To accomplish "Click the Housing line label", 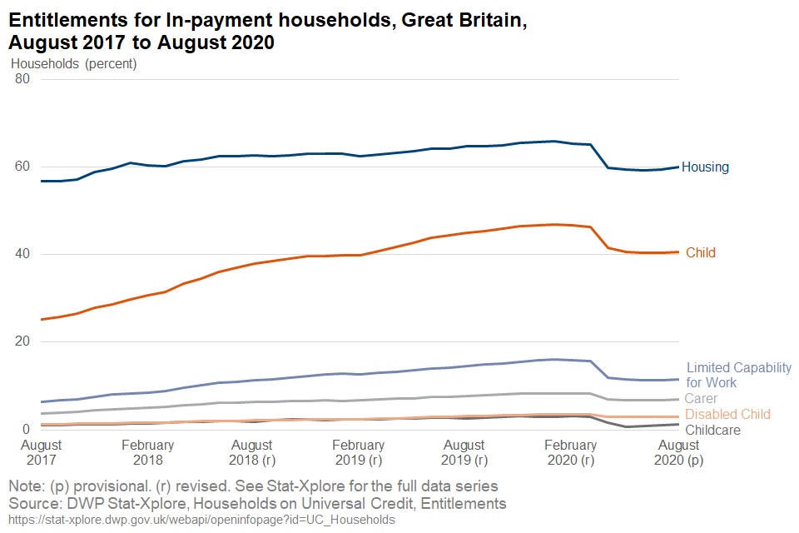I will pyautogui.click(x=705, y=167).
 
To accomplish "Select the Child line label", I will pyautogui.click(x=700, y=252).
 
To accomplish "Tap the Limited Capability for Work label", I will pyautogui.click(x=738, y=375).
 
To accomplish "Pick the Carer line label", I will pyautogui.click(x=701, y=399).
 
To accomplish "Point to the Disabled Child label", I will pyautogui.click(x=728, y=414).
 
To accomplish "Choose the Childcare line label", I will pyautogui.click(x=712, y=430).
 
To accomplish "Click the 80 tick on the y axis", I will pyautogui.click(x=22, y=79).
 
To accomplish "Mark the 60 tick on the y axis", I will pyautogui.click(x=22, y=167).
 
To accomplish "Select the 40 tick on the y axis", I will pyautogui.click(x=22, y=254).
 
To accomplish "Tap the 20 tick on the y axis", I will pyautogui.click(x=22, y=341).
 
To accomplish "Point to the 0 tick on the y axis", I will pyautogui.click(x=26, y=429).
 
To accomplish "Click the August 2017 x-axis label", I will pyautogui.click(x=41, y=452).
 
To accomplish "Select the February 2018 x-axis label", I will pyautogui.click(x=147, y=452).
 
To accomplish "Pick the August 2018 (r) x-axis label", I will pyautogui.click(x=253, y=452).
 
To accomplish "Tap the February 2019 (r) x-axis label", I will pyautogui.click(x=360, y=452).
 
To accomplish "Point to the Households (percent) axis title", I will pyautogui.click(x=73, y=63).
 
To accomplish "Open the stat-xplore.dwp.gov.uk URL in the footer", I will pyautogui.click(x=201, y=520).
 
